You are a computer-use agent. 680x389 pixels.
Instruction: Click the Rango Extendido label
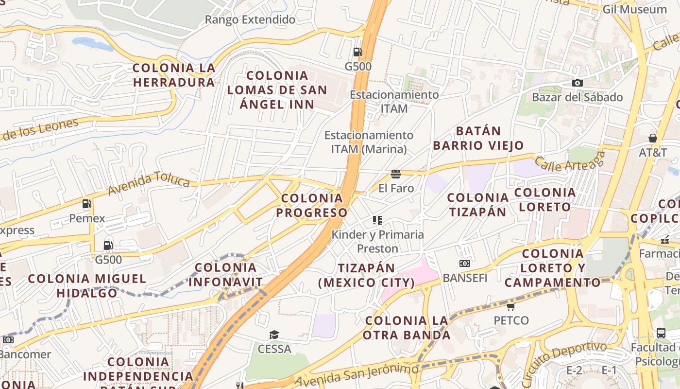tap(250, 20)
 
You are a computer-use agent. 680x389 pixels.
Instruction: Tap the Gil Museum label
tap(634, 9)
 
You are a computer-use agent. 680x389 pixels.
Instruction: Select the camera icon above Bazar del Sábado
tap(577, 83)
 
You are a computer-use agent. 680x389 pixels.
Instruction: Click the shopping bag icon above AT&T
tap(653, 138)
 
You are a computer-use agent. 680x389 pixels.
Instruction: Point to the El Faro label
tap(396, 188)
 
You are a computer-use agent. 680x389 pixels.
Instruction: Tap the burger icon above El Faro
tap(396, 174)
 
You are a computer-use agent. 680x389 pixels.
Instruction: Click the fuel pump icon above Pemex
tap(87, 204)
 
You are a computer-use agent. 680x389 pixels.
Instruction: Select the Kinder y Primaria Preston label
tap(377, 241)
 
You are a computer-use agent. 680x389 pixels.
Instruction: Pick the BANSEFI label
tap(465, 278)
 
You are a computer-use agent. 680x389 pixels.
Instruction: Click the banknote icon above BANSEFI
tap(465, 264)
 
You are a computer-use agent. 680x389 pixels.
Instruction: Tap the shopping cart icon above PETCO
tap(510, 306)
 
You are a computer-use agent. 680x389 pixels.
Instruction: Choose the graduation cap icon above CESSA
tap(274, 335)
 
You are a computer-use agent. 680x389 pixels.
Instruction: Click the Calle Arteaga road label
tap(570, 162)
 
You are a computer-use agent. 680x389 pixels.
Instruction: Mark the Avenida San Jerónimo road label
tap(357, 375)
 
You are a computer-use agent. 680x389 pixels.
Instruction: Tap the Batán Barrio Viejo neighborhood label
tap(478, 138)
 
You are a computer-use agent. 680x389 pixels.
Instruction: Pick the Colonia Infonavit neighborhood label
tap(225, 275)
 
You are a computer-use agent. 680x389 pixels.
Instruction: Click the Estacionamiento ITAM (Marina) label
tap(369, 142)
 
